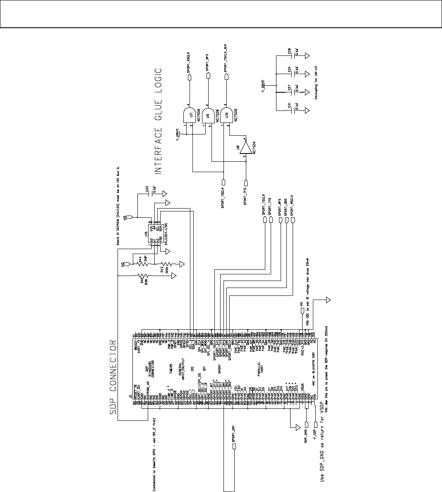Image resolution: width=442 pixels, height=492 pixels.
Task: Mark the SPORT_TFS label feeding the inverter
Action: pos(245,195)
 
